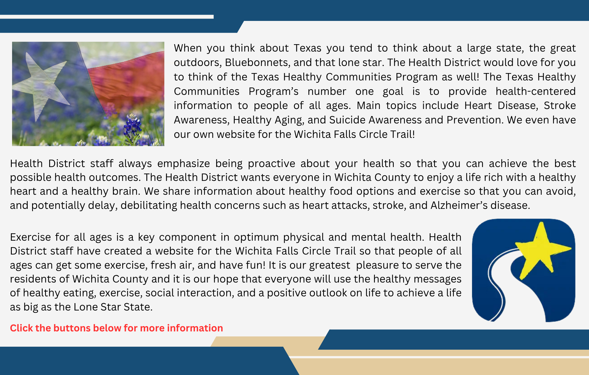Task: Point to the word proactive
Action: pos(272,163)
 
